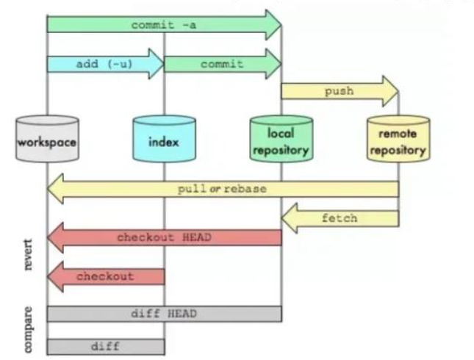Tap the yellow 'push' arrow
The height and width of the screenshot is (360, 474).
coord(338,92)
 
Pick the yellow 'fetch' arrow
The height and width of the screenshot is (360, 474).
coord(339,218)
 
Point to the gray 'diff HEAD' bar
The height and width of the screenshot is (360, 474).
coord(164,314)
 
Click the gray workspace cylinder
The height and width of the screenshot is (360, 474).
coord(48,140)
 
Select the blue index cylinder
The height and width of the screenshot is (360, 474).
coord(163,140)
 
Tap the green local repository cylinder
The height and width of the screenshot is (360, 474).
coord(281,140)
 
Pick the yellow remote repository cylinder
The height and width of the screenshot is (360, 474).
coord(398,140)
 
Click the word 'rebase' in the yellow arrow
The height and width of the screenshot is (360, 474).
coord(246,189)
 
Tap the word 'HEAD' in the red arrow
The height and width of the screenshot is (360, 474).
coord(195,237)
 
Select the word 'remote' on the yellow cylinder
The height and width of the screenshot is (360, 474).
coord(398,134)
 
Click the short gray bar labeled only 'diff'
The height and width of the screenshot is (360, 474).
coord(105,346)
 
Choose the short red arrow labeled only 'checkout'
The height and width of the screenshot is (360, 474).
coord(105,276)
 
